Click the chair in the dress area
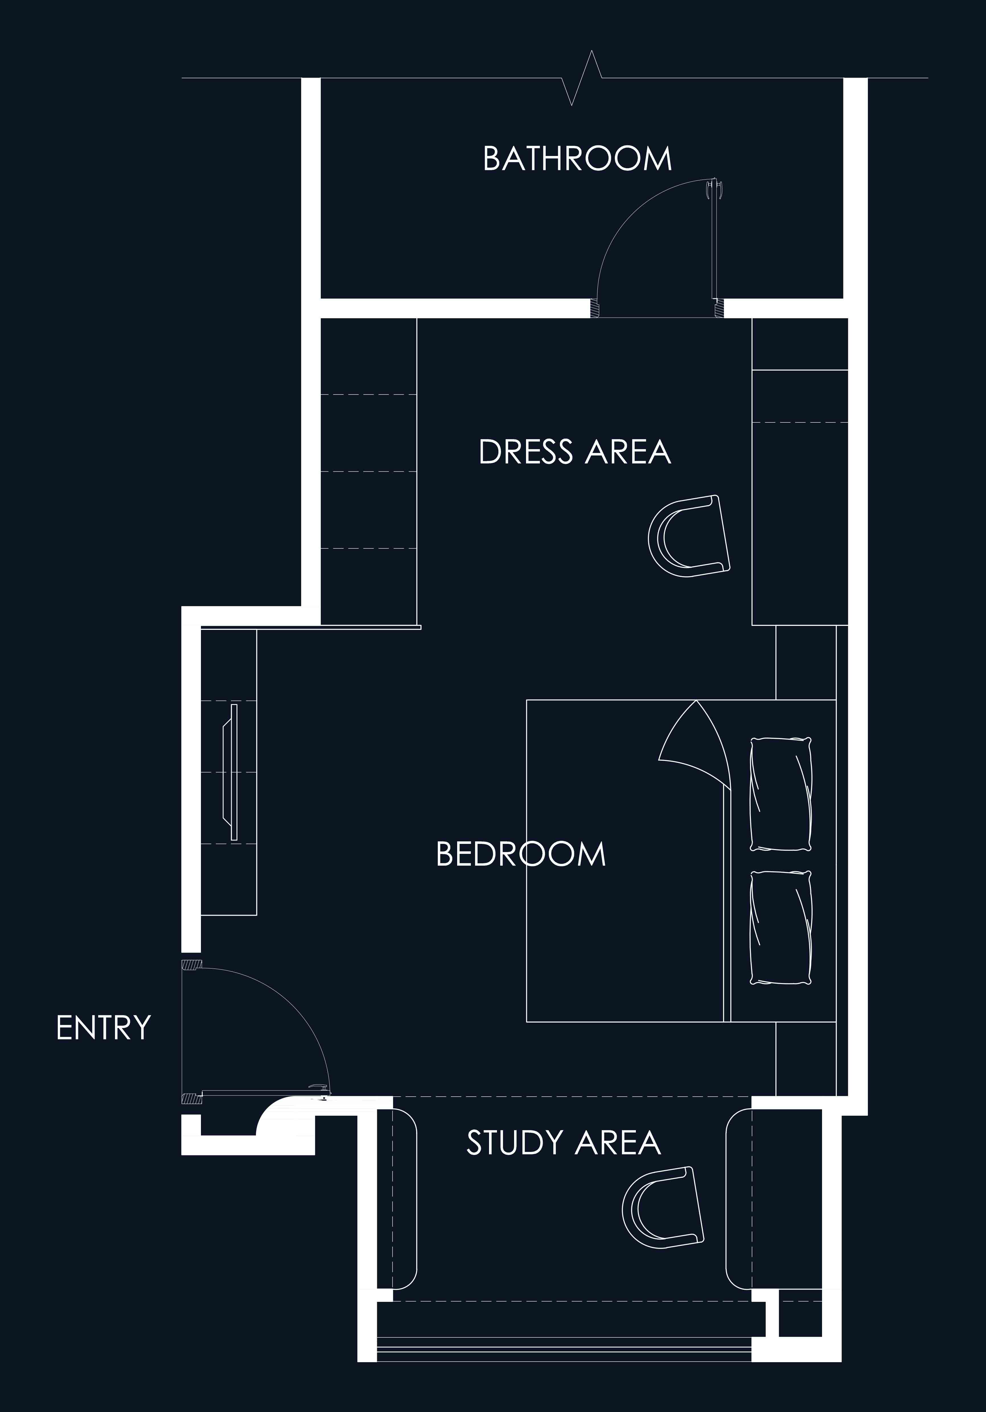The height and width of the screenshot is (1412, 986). pos(689,536)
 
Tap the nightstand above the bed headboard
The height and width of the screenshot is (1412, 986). pos(806,662)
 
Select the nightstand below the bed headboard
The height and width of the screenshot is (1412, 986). pos(806,1059)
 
